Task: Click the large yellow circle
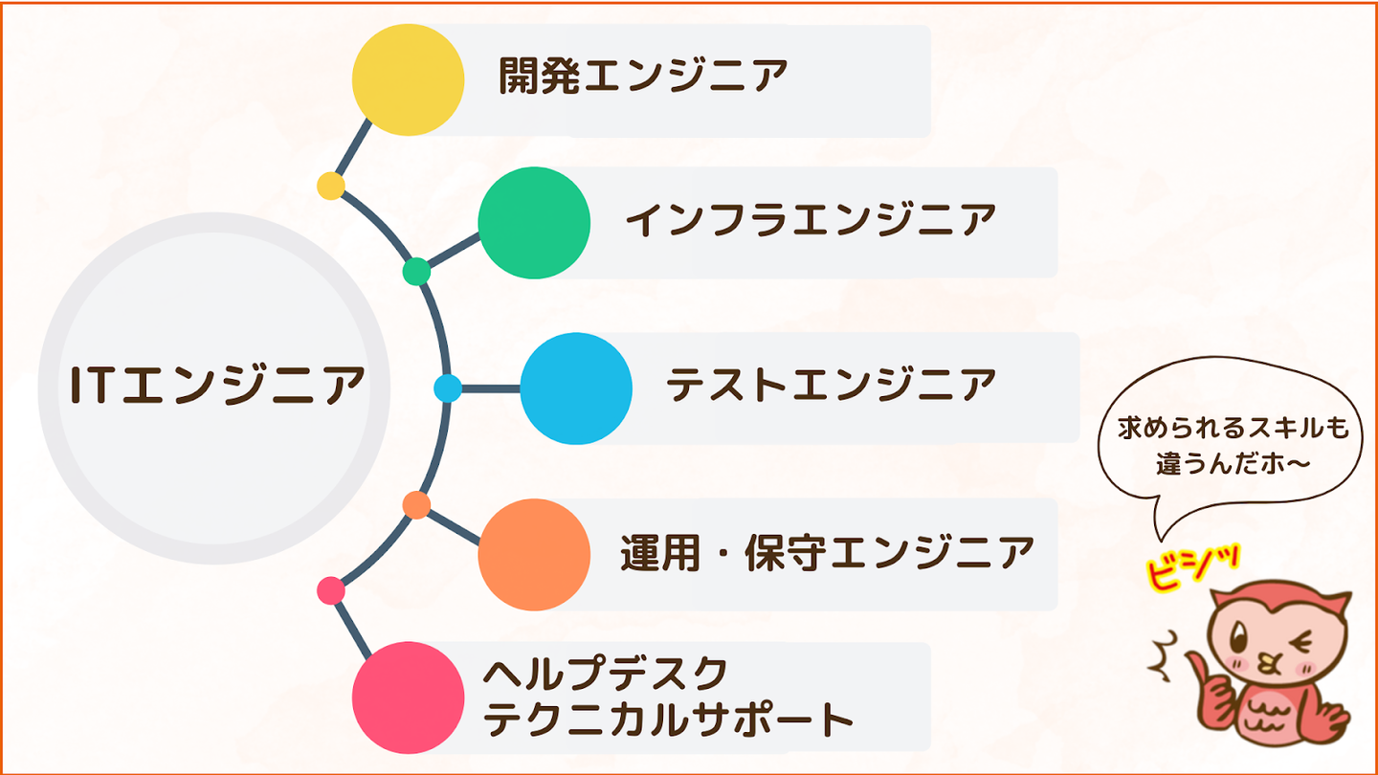click(408, 79)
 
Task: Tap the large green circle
click(534, 223)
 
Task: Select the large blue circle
click(576, 388)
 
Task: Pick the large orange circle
click(534, 555)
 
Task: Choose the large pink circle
click(408, 697)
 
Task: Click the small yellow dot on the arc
click(331, 186)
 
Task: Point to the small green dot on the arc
click(416, 272)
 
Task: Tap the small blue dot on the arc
click(448, 388)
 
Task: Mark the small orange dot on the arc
click(416, 505)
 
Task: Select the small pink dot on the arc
click(331, 591)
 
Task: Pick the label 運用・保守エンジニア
click(827, 554)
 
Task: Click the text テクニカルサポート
click(668, 720)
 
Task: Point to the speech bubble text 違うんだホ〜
click(1233, 462)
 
